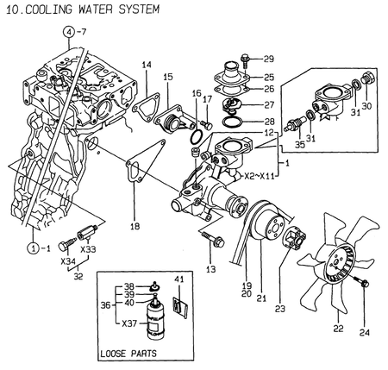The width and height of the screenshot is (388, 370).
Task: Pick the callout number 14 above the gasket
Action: [x=147, y=66]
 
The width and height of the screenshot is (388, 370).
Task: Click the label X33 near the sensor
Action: [x=90, y=248]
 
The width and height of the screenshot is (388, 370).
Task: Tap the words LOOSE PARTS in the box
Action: [x=128, y=354]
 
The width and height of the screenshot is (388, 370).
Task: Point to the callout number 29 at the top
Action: [x=268, y=59]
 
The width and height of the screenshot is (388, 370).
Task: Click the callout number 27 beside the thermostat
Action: [x=268, y=103]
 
